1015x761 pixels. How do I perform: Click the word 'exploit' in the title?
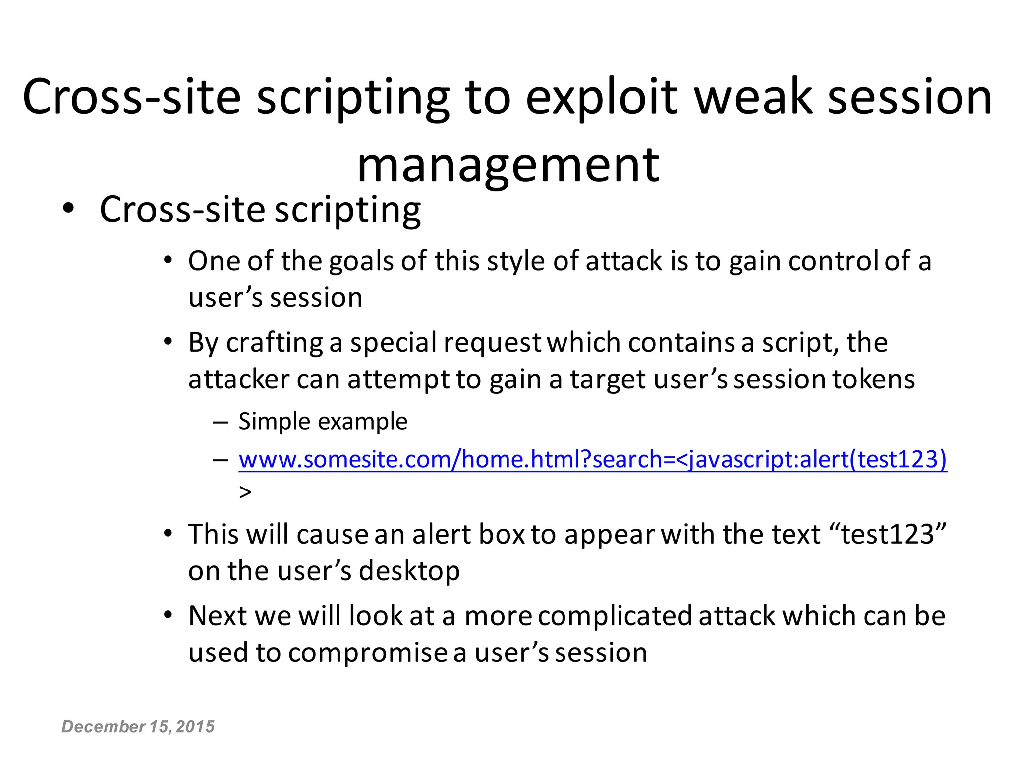coord(601,98)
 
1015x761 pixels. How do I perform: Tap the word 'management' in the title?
coord(508,165)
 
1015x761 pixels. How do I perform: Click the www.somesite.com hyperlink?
coord(592,459)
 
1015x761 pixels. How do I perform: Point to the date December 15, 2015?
coord(138,726)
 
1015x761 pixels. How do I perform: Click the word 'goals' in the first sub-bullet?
coord(361,261)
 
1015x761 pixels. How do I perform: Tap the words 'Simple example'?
coord(323,422)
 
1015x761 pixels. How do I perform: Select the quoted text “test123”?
coord(888,534)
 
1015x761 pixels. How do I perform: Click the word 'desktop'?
coord(409,571)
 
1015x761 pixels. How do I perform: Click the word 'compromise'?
coord(367,653)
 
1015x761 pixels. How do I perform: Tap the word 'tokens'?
coord(873,380)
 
